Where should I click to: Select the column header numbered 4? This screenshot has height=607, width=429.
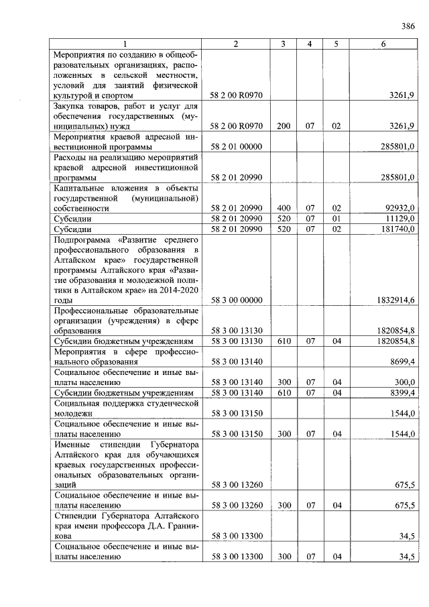(x=310, y=44)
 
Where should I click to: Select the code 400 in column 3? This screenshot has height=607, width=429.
(x=284, y=209)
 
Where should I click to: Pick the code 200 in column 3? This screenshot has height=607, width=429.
(x=284, y=125)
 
